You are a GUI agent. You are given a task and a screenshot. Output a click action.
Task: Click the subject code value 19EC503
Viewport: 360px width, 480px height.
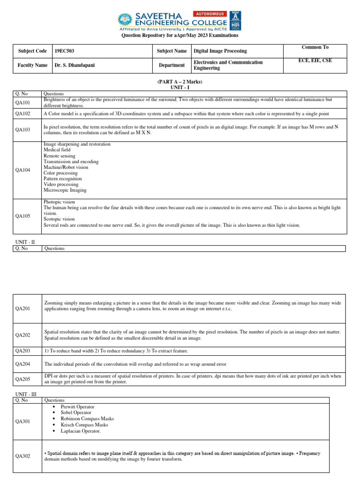coord(65,51)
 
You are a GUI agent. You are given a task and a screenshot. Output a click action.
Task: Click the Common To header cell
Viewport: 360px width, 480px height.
coord(315,47)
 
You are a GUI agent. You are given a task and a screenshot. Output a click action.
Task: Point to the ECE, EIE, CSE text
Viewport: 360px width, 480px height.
coord(315,60)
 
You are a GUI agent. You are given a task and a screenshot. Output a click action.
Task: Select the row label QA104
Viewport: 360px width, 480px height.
coord(22,170)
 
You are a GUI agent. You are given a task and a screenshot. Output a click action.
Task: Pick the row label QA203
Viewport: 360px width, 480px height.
coord(22,351)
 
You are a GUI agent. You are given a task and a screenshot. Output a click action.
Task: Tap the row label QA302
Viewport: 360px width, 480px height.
coord(22,456)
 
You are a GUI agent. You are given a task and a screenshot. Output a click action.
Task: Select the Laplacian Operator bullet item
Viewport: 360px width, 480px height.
coord(81,431)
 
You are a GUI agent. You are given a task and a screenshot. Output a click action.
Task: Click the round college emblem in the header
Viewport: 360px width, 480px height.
coord(124,20)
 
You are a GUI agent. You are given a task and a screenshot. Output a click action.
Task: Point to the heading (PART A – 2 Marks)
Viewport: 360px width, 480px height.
coord(180,82)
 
